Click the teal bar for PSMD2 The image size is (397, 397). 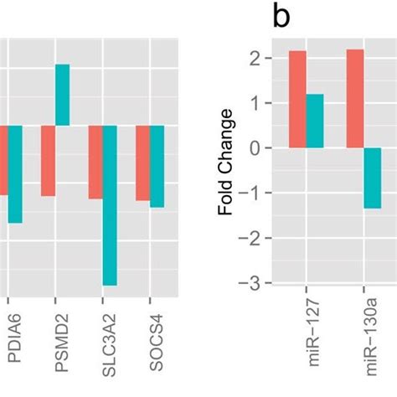(x=62, y=95)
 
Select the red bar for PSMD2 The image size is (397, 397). (x=48, y=160)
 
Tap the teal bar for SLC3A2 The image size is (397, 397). (x=110, y=205)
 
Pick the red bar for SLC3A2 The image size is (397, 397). (x=95, y=162)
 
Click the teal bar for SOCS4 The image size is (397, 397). (x=157, y=166)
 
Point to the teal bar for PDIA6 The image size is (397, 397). (x=15, y=174)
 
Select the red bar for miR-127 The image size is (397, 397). (x=297, y=99)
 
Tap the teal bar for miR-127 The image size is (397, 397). (x=315, y=121)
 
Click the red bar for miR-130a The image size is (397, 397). (x=354, y=98)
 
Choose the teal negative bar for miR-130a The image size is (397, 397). (x=372, y=178)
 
